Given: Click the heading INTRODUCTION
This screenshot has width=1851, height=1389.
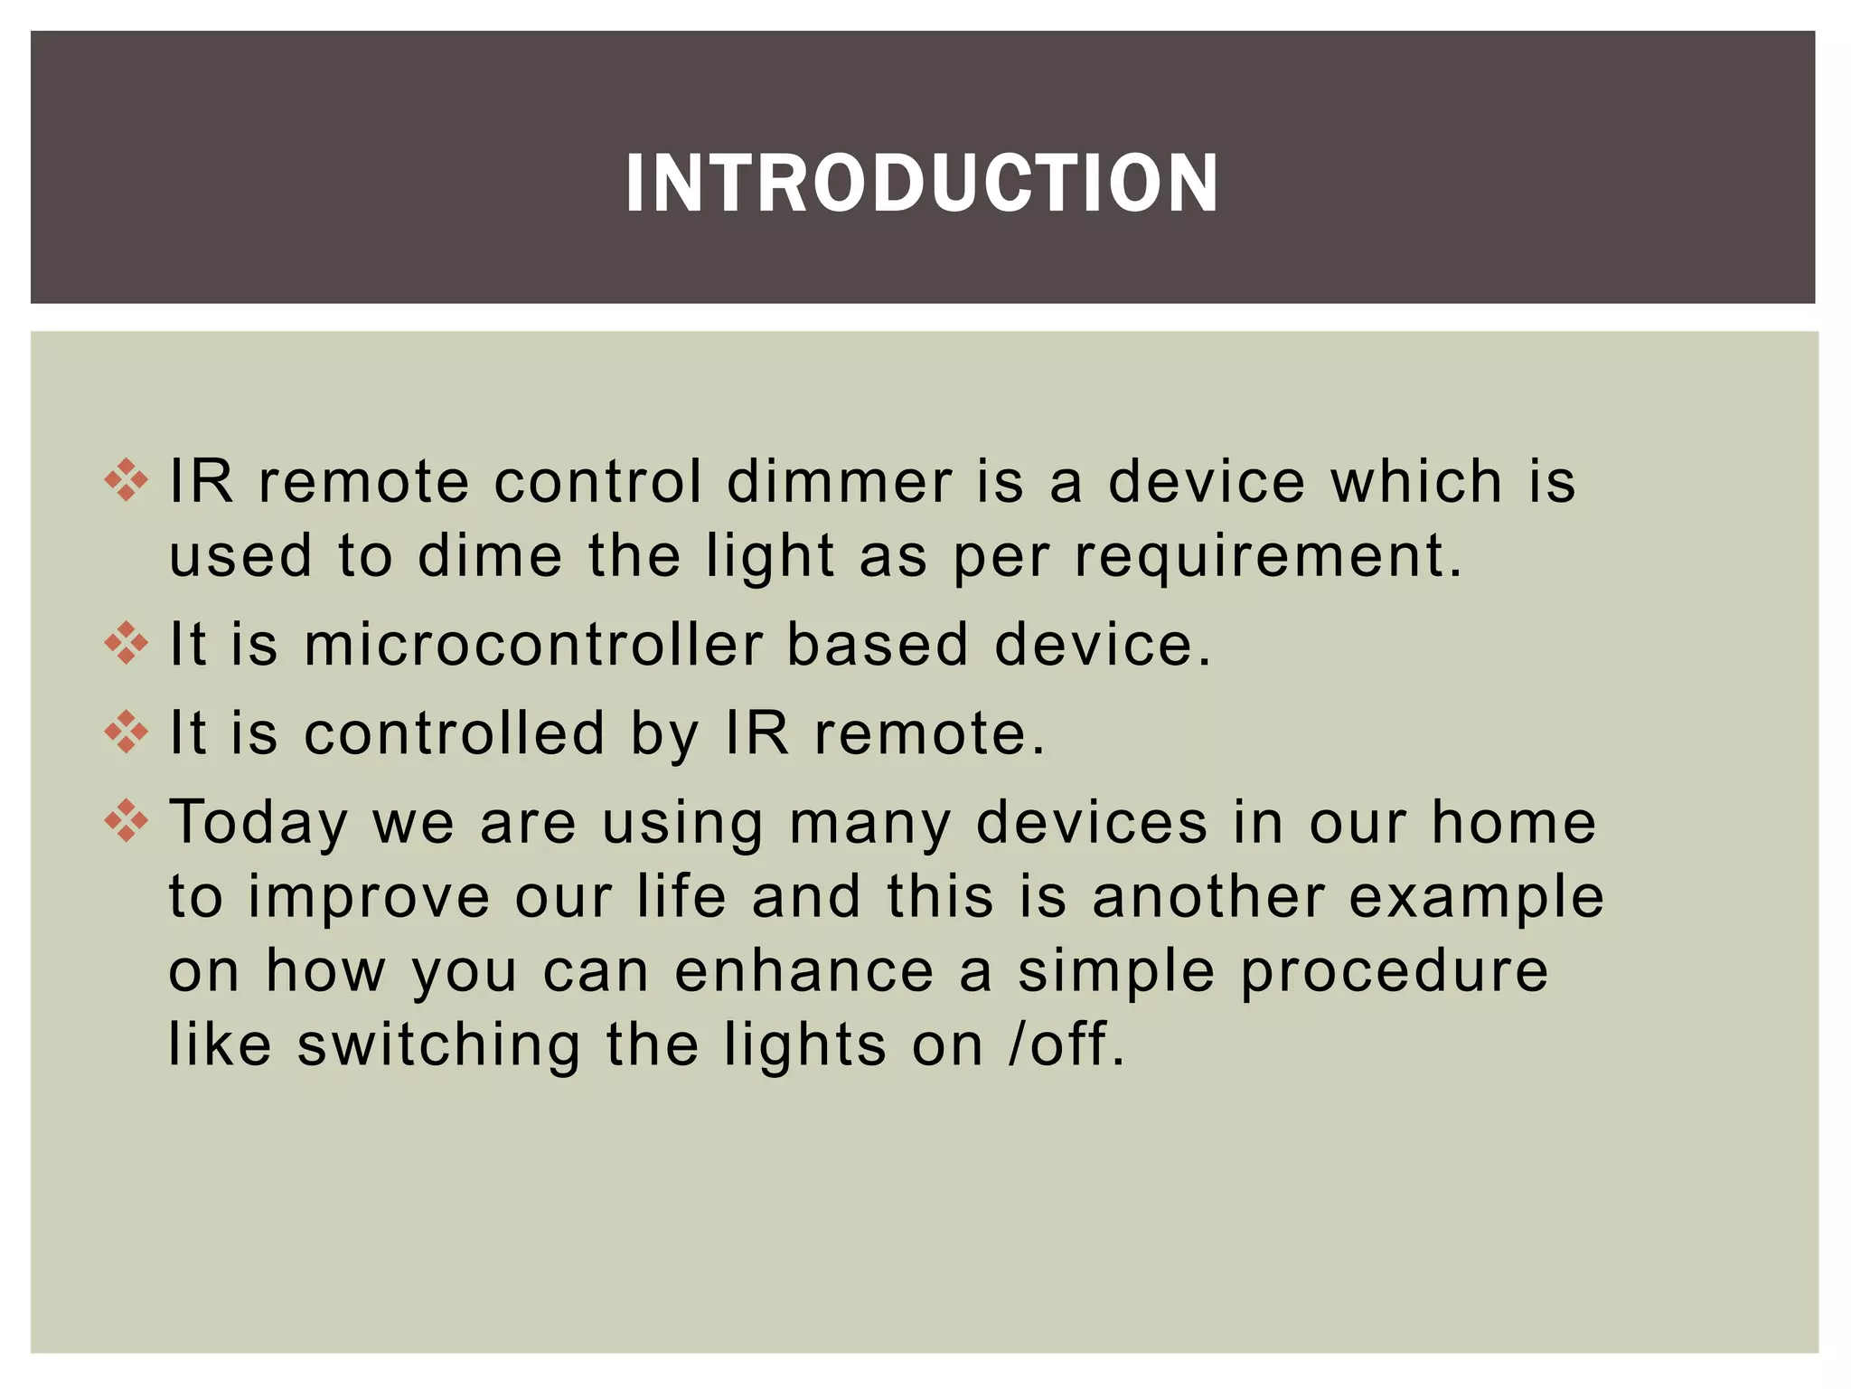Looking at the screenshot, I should tap(922, 184).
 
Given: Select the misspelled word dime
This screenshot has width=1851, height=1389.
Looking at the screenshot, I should tap(490, 555).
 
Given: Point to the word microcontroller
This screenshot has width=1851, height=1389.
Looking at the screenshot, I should tap(533, 645).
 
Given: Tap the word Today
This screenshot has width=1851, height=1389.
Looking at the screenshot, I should tap(258, 825).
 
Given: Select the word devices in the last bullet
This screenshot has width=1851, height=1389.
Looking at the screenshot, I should tap(1092, 823).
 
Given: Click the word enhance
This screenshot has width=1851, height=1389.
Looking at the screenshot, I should tap(803, 971).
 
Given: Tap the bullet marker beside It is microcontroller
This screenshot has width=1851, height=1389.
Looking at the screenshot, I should tap(126, 643).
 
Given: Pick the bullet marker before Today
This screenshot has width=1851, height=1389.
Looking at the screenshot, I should tap(126, 821).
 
